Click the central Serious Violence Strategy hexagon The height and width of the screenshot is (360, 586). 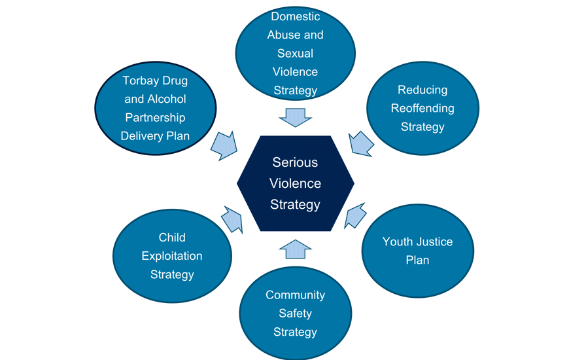point(296,183)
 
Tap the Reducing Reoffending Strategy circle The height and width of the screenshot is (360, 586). point(422,108)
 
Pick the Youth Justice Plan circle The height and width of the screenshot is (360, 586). point(417,251)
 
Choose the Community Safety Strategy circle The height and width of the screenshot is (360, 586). point(295,313)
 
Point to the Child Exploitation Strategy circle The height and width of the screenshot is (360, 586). point(172,256)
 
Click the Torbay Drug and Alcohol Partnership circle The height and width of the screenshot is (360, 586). point(155,109)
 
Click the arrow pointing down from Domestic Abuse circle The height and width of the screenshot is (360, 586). point(295,118)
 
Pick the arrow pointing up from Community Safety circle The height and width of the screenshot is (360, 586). point(295,248)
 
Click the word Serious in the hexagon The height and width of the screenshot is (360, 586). point(295,162)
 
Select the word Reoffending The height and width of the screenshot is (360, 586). point(422,108)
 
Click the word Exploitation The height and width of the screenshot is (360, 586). point(172,256)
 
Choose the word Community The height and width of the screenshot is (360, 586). point(295,295)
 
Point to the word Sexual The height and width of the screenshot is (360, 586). point(295,54)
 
